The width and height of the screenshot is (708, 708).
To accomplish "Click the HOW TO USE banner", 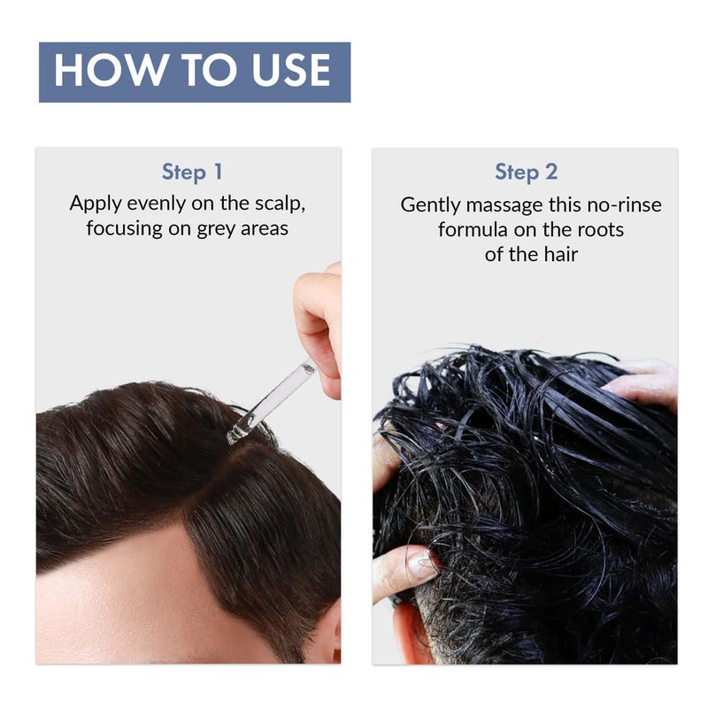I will click(x=194, y=72).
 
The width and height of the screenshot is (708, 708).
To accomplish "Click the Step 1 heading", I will click(x=192, y=172).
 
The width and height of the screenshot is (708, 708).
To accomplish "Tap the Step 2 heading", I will click(x=526, y=172).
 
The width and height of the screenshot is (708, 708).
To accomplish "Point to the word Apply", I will click(x=96, y=203).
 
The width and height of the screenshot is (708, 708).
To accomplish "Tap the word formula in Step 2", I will click(x=473, y=230).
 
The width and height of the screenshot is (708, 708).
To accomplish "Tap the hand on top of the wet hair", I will click(x=646, y=381).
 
